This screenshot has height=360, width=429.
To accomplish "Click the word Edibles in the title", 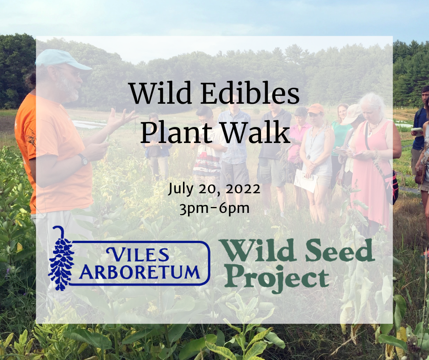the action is pos(250,93).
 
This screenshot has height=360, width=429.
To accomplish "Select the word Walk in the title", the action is pos(255,132).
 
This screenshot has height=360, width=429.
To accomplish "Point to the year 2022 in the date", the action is pos(243,189).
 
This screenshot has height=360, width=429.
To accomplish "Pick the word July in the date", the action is pos(181,189).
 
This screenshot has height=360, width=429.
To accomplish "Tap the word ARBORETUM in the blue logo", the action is pos(139,272).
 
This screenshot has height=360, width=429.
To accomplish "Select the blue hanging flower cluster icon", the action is pos(61,259).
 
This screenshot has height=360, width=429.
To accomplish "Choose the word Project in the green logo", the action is pos(277,278).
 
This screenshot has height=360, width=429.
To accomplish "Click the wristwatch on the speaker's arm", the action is pos(83,159).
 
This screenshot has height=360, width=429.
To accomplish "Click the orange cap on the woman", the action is pos(315,108).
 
